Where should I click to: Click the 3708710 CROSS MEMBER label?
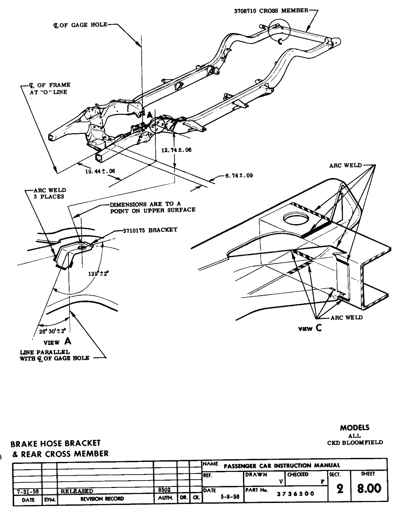pos(271,10)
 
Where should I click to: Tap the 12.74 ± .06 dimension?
pos(176,150)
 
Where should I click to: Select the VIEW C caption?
pos(310,328)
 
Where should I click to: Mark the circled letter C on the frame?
pos(280,41)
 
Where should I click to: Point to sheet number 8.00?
pos(369,489)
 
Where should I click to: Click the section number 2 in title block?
pos(340,489)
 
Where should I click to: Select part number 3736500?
pos(295,494)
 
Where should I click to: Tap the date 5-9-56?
pos(230,497)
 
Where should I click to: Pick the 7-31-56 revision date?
pos(27,491)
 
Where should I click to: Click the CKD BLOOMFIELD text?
pos(355,443)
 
